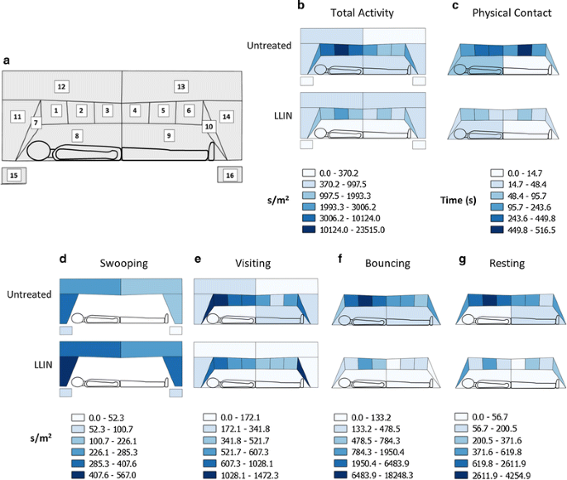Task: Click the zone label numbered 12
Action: click(61, 86)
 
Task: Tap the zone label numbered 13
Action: click(181, 86)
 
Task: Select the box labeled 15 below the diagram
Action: click(13, 175)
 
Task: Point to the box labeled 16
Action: click(229, 175)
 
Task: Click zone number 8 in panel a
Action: click(77, 134)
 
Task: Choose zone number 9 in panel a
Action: click(168, 134)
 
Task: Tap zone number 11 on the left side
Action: click(17, 117)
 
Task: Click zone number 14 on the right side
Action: click(226, 116)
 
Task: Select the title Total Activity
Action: click(363, 13)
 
